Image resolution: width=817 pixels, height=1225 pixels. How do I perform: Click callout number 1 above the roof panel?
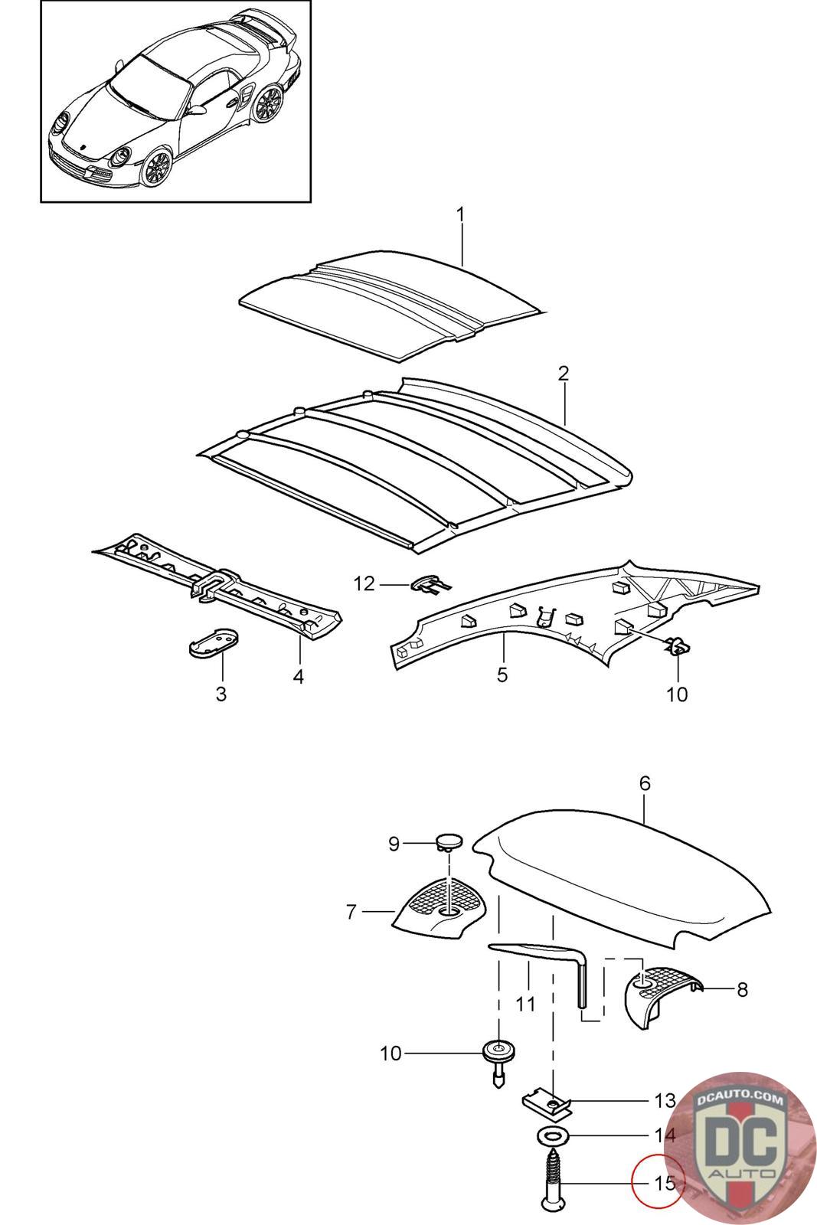[460, 214]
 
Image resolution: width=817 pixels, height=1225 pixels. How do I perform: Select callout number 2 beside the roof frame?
[563, 374]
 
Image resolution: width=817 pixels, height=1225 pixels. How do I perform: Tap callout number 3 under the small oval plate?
[221, 694]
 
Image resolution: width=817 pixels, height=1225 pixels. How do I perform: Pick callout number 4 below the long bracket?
[299, 678]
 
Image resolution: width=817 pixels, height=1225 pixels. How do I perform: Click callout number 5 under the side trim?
[502, 675]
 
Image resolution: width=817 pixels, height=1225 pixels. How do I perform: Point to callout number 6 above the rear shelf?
[644, 783]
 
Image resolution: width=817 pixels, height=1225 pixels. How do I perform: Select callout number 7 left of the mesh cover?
[351, 912]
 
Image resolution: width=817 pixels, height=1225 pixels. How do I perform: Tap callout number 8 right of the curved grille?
[741, 989]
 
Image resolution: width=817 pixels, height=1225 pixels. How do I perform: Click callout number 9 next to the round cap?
[394, 844]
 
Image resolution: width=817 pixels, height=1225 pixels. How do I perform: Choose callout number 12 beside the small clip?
[364, 584]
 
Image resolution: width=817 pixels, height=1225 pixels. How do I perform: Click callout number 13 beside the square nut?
[665, 1101]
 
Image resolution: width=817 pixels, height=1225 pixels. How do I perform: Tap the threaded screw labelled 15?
[554, 1180]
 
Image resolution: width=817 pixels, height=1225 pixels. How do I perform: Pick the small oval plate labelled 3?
[213, 638]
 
